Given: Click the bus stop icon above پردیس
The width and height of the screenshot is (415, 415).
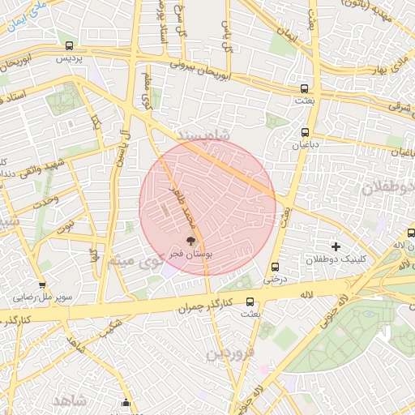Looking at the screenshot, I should (70, 46).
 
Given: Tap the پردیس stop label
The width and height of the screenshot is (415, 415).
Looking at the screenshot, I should (69, 59).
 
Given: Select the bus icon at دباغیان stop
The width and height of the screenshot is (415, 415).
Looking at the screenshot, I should (306, 132).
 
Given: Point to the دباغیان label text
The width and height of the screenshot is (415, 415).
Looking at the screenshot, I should (305, 145).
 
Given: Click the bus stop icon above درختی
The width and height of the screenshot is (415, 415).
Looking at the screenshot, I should (275, 267).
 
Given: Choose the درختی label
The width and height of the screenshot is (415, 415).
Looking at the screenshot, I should (274, 279).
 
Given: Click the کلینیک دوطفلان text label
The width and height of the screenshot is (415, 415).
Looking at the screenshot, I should (336, 259).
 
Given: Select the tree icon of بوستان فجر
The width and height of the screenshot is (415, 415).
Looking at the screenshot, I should (191, 241).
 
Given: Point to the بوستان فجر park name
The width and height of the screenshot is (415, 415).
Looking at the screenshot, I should (190, 254).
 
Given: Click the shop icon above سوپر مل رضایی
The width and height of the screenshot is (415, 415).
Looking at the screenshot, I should (19, 285).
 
